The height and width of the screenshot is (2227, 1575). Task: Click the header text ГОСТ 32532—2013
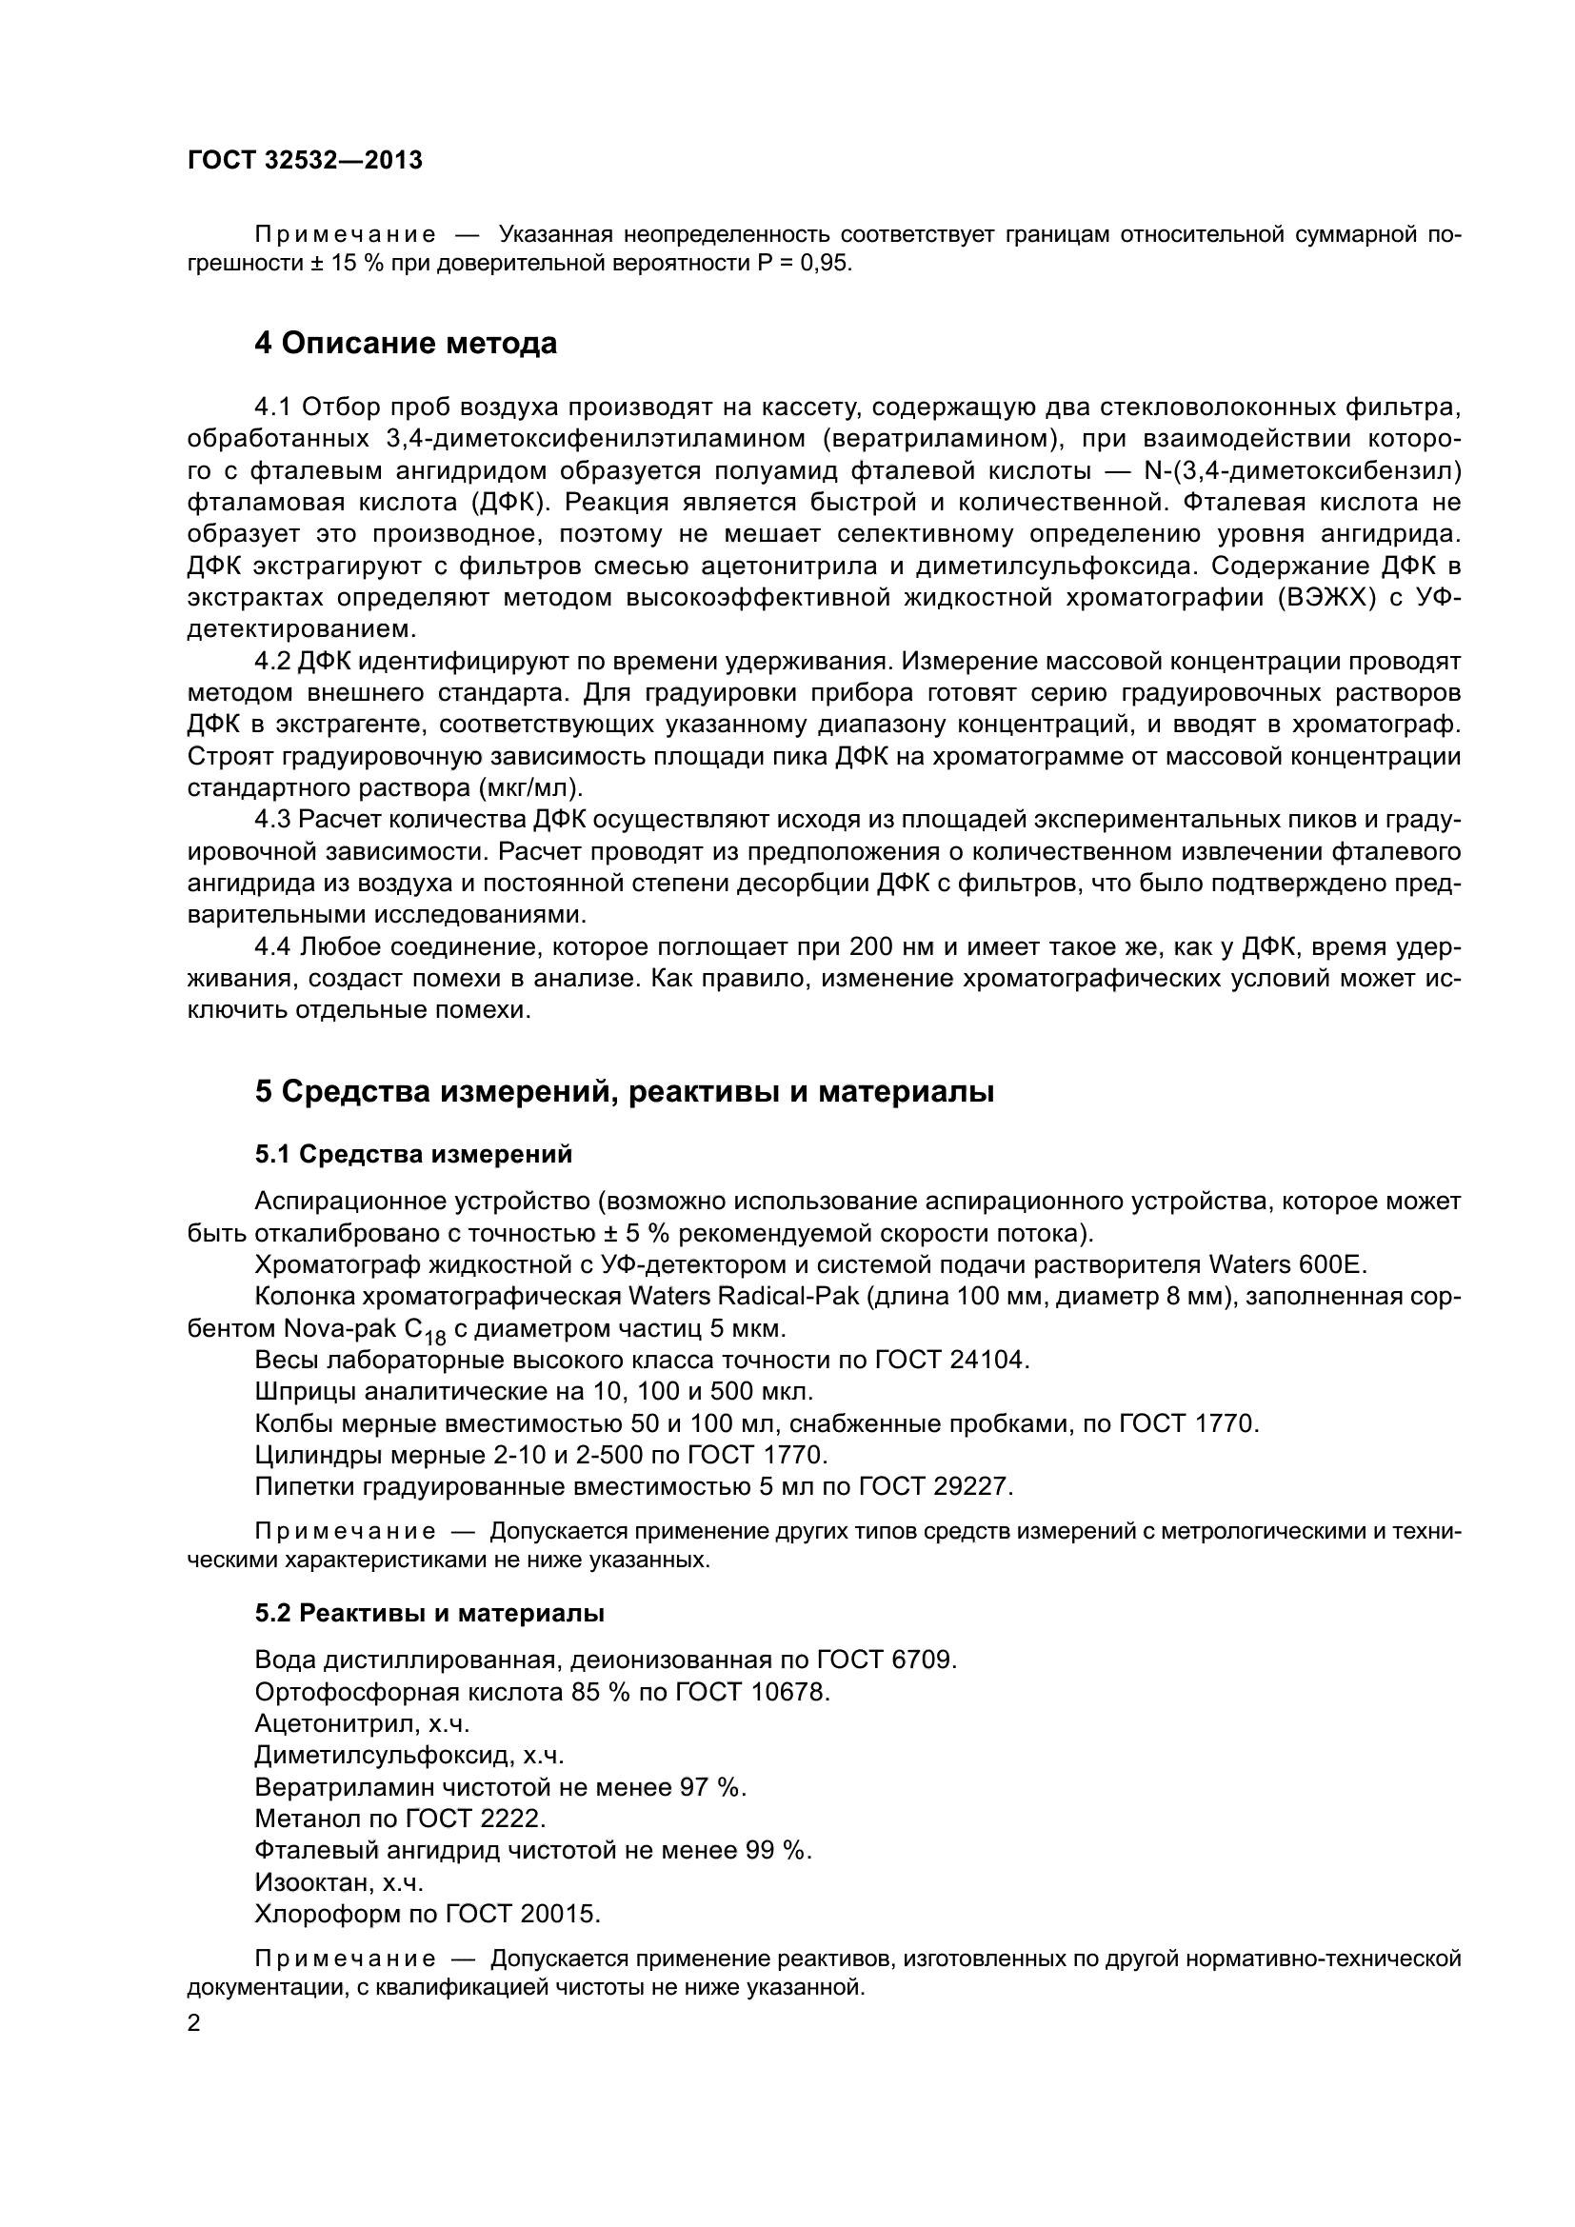(x=305, y=161)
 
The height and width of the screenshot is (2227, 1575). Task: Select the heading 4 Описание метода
(x=406, y=344)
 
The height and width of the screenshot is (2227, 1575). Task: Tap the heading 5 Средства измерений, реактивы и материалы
(x=625, y=1091)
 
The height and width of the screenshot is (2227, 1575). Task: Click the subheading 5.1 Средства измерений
(x=413, y=1154)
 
